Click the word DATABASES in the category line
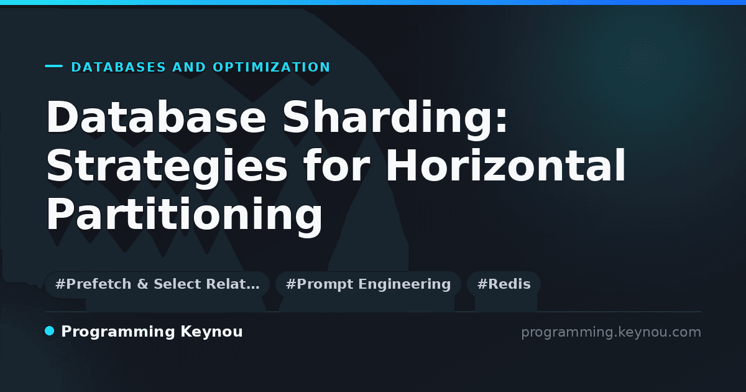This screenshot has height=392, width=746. pos(119,67)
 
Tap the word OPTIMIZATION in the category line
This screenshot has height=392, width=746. pos(272,67)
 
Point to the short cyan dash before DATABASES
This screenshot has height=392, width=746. pos(53,66)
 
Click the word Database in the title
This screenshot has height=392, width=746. pos(156,117)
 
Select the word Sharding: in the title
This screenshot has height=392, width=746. pos(395,119)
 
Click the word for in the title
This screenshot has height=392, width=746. pos(336,165)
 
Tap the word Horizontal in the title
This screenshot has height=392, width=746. pos(506,165)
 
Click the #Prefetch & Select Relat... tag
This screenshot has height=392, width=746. pos(157,284)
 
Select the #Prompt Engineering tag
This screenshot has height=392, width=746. pos(368,284)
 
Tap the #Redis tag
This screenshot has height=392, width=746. pos(504,284)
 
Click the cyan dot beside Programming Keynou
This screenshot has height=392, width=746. pos(50,331)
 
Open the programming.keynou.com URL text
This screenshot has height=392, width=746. pos(611,333)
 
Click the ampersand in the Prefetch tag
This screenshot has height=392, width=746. pos(142,284)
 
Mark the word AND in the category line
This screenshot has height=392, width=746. pos(189,67)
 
